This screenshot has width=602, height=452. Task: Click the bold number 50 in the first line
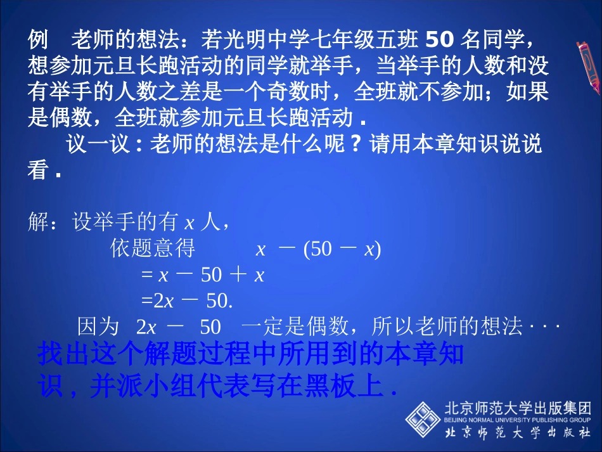pyautogui.click(x=437, y=39)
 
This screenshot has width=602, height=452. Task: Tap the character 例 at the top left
pyautogui.click(x=37, y=40)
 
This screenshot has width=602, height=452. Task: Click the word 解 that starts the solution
pyautogui.click(x=37, y=223)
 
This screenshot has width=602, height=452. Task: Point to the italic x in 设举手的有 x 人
pyautogui.click(x=188, y=224)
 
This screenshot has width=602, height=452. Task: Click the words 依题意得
pyautogui.click(x=152, y=249)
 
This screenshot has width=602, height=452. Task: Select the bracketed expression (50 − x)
pyautogui.click(x=342, y=249)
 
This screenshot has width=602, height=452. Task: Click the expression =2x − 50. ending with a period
pyautogui.click(x=187, y=300)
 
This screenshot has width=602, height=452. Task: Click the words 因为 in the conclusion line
pyautogui.click(x=98, y=327)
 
